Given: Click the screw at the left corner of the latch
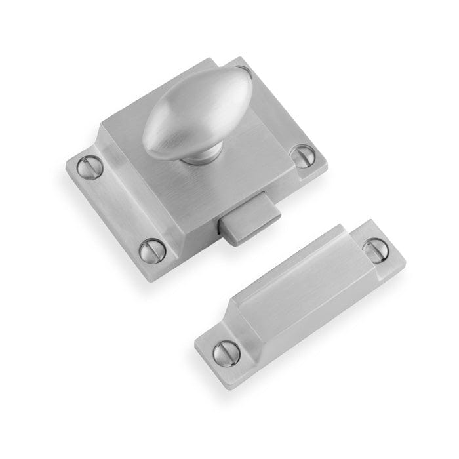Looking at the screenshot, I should (90, 167).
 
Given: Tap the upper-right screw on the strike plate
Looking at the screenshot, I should (375, 249).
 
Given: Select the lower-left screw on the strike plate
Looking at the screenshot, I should (227, 353).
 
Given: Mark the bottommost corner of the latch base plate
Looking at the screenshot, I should (153, 281).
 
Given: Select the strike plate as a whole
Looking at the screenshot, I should (302, 302).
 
